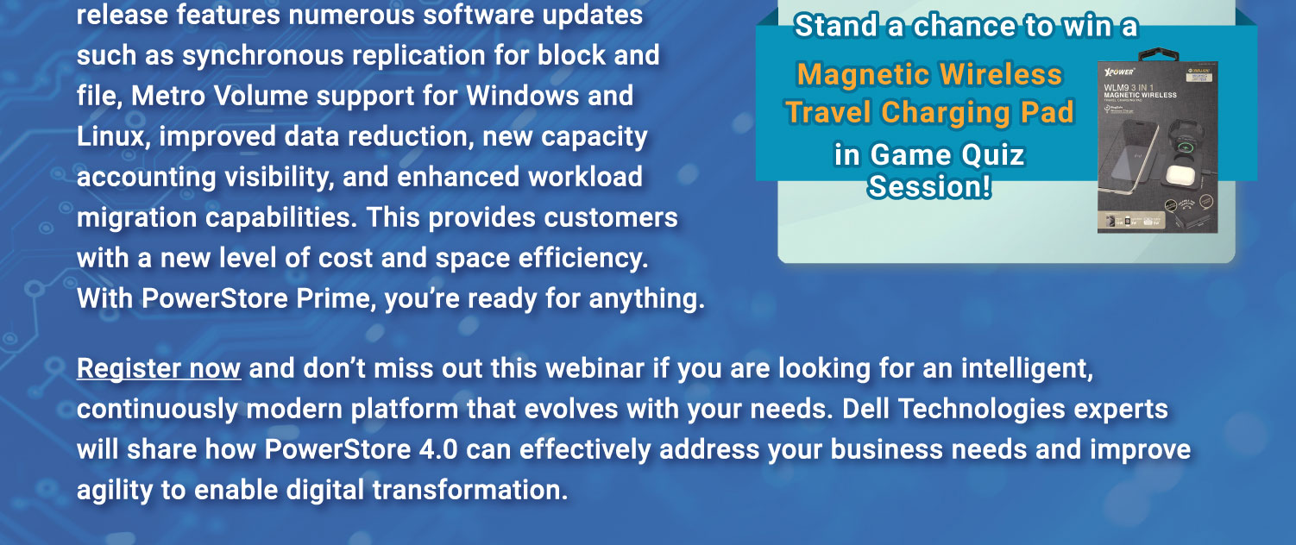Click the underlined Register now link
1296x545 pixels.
click(158, 369)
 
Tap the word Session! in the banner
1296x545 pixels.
click(929, 186)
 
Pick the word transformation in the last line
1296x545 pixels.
click(470, 491)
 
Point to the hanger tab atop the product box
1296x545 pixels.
click(1157, 54)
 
